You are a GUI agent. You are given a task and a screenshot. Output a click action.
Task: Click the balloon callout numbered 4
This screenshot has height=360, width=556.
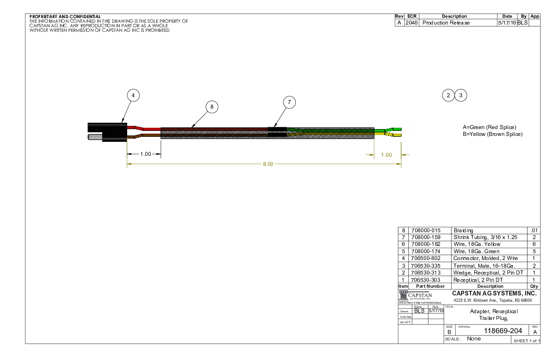(133, 95)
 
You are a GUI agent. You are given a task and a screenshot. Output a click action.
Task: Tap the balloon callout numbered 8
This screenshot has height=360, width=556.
(212, 107)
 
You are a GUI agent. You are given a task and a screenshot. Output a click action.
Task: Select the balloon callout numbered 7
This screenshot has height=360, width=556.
(289, 102)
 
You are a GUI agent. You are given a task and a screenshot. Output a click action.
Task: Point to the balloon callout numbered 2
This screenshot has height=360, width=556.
(448, 95)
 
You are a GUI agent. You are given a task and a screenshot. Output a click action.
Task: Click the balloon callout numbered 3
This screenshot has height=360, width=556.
(461, 95)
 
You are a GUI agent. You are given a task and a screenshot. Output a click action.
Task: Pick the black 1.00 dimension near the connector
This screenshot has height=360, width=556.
(145, 154)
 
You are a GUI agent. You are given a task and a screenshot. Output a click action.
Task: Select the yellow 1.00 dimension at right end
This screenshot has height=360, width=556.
(386, 155)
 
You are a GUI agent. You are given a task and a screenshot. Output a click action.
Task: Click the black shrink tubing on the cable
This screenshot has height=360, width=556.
(277, 132)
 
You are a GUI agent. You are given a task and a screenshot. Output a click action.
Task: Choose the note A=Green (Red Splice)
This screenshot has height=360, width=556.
(489, 127)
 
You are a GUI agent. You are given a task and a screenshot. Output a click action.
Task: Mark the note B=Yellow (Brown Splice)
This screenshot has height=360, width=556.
(492, 134)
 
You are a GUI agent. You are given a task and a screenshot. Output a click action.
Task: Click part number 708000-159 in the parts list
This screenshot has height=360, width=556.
(425, 237)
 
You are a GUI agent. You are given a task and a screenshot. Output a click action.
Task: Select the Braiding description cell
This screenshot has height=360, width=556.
(463, 230)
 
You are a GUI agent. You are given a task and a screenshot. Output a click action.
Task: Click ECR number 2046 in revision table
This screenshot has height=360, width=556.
(412, 23)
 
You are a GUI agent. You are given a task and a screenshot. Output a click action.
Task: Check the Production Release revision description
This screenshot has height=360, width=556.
(446, 23)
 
